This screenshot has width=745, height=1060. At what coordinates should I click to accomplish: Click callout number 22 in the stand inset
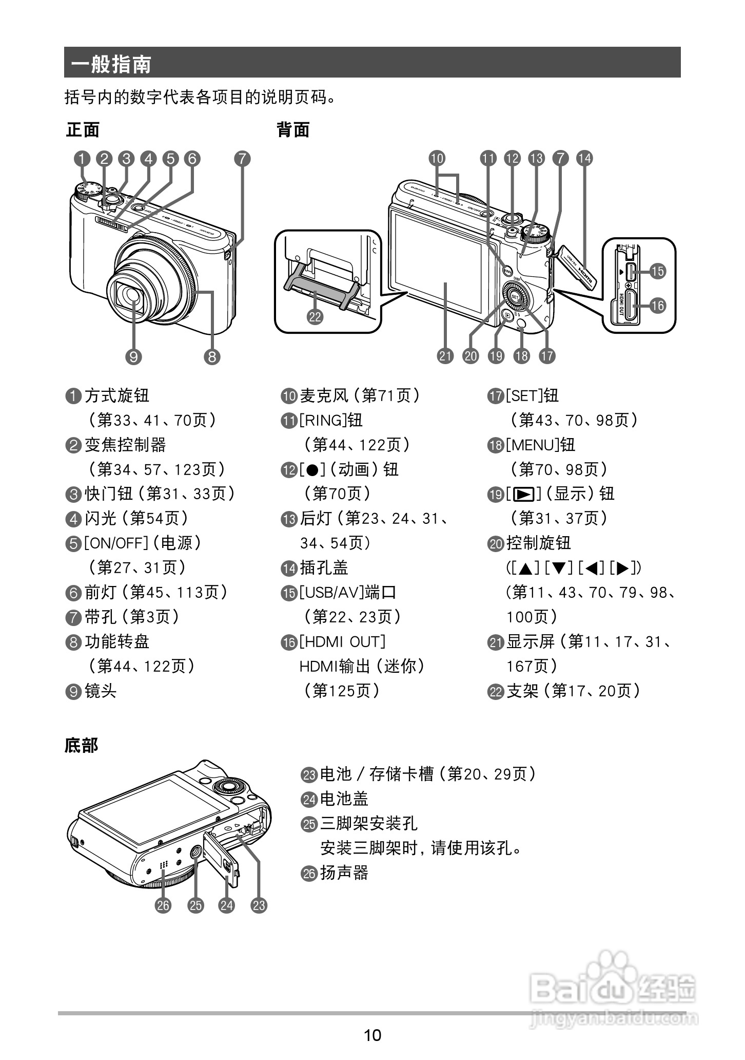click(315, 316)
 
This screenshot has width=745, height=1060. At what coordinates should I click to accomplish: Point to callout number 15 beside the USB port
click(657, 271)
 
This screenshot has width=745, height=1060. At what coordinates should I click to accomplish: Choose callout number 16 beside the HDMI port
click(657, 306)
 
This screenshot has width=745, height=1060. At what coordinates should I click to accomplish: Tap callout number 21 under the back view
click(445, 355)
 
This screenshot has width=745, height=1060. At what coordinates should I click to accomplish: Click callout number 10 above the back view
click(437, 158)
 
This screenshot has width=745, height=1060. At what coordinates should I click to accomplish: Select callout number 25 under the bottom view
click(195, 905)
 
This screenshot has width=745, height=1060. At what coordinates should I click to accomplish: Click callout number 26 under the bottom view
click(163, 905)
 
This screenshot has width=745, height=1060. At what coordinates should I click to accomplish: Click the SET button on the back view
click(516, 296)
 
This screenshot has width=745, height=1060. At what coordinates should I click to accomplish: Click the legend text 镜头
click(101, 691)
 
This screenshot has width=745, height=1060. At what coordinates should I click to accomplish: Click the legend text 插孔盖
click(324, 567)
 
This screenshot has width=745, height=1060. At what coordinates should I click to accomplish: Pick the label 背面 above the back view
click(293, 130)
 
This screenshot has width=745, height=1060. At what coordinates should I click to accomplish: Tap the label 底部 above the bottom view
click(81, 745)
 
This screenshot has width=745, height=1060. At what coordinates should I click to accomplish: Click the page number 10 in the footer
click(373, 1034)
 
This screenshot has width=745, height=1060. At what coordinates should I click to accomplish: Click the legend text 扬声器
click(344, 873)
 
